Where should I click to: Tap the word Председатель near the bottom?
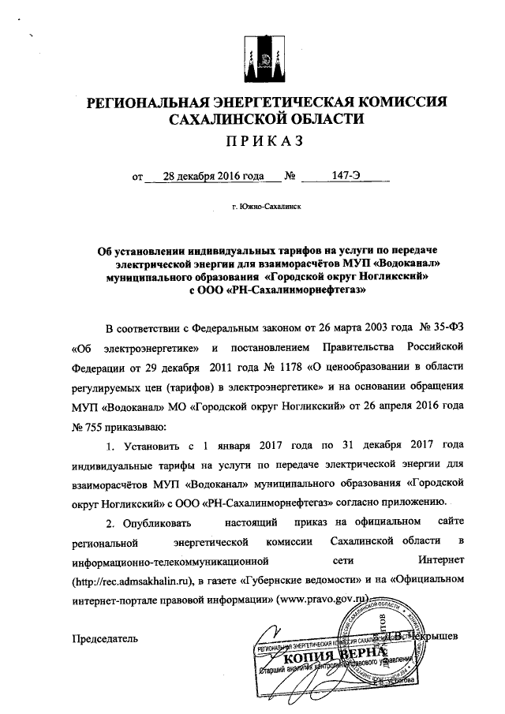click(x=106, y=637)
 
